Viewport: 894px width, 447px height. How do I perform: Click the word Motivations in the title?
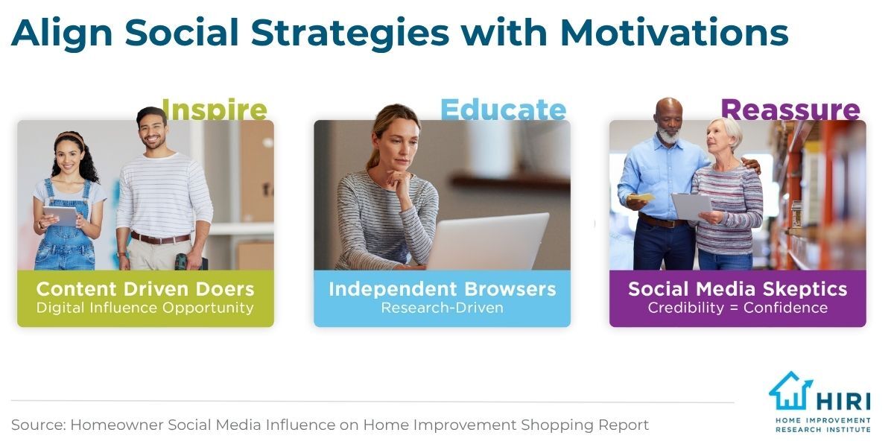(x=674, y=33)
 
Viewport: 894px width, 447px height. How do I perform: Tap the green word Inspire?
(x=215, y=109)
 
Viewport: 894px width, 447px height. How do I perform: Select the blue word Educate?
(x=504, y=110)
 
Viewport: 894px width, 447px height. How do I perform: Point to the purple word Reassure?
(x=790, y=110)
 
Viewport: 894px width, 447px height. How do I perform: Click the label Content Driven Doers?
(x=145, y=289)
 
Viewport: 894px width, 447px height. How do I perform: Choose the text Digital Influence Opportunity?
(x=145, y=308)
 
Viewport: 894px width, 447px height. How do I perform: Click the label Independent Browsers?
(x=443, y=289)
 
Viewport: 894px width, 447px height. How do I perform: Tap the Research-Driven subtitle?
(x=443, y=308)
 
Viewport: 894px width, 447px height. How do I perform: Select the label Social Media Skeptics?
(x=738, y=289)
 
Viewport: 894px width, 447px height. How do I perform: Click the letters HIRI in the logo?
(x=843, y=401)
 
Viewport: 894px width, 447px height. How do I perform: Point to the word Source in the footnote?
(x=38, y=425)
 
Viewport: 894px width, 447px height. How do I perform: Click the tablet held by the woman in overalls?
(x=60, y=216)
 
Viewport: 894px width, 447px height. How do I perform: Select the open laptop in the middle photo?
(x=487, y=242)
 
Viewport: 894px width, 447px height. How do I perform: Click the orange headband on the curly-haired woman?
(x=69, y=136)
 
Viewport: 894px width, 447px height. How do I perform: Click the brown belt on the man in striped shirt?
(x=160, y=238)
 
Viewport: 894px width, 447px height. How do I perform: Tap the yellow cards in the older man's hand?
(x=640, y=197)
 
